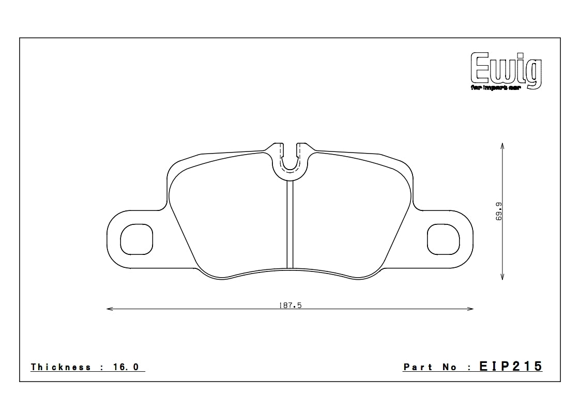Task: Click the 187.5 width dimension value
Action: (x=290, y=306)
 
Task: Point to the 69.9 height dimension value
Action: (x=498, y=212)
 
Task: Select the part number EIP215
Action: (x=511, y=367)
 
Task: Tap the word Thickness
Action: (x=60, y=367)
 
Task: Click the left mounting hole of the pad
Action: (x=137, y=239)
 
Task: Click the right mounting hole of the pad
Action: (x=444, y=239)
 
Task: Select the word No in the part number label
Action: (x=449, y=367)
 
